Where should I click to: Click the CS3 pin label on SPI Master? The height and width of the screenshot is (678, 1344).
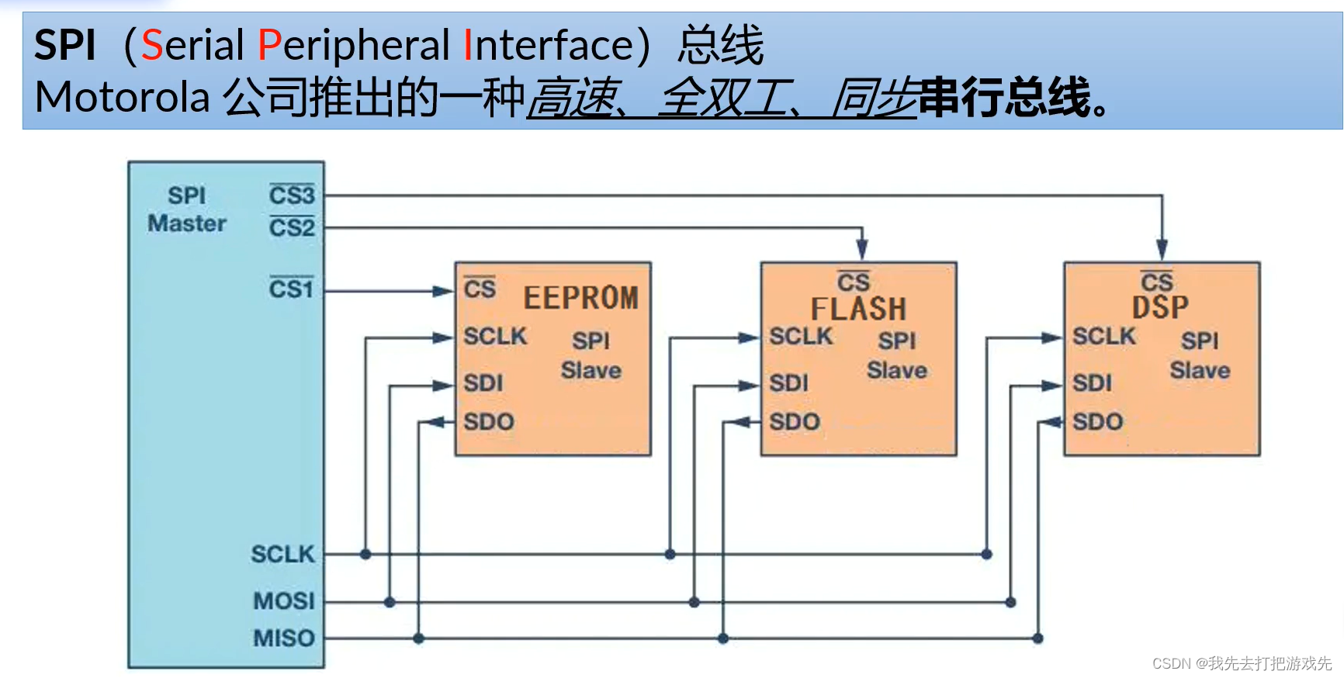[292, 195]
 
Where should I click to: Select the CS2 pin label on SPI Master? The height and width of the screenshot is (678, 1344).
[292, 227]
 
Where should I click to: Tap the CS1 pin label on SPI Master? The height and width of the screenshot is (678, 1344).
[291, 289]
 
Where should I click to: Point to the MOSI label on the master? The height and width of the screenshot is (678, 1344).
[284, 601]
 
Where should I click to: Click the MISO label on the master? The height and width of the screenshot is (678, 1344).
[284, 638]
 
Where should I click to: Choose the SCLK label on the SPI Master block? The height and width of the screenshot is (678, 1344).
[283, 554]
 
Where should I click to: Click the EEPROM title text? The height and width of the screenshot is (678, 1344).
[580, 298]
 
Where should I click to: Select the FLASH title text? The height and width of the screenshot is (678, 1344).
[858, 309]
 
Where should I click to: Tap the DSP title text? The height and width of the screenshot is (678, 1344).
[1160, 307]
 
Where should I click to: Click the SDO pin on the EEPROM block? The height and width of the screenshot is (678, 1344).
[489, 422]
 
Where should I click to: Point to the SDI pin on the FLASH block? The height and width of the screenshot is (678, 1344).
[788, 383]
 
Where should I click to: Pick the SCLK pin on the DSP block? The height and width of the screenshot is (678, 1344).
[1103, 337]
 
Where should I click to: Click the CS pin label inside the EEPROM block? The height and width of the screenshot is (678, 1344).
[480, 289]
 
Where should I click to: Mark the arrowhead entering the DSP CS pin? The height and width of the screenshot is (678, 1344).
[1162, 250]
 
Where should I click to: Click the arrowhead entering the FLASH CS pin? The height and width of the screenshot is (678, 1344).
[861, 250]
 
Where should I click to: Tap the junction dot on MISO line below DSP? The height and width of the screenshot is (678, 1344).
[1038, 638]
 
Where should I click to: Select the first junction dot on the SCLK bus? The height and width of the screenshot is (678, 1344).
[365, 554]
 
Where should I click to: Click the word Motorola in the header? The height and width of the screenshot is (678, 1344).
[123, 99]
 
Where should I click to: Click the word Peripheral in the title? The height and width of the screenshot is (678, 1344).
[354, 45]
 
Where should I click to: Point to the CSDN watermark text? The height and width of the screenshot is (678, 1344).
[1242, 663]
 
